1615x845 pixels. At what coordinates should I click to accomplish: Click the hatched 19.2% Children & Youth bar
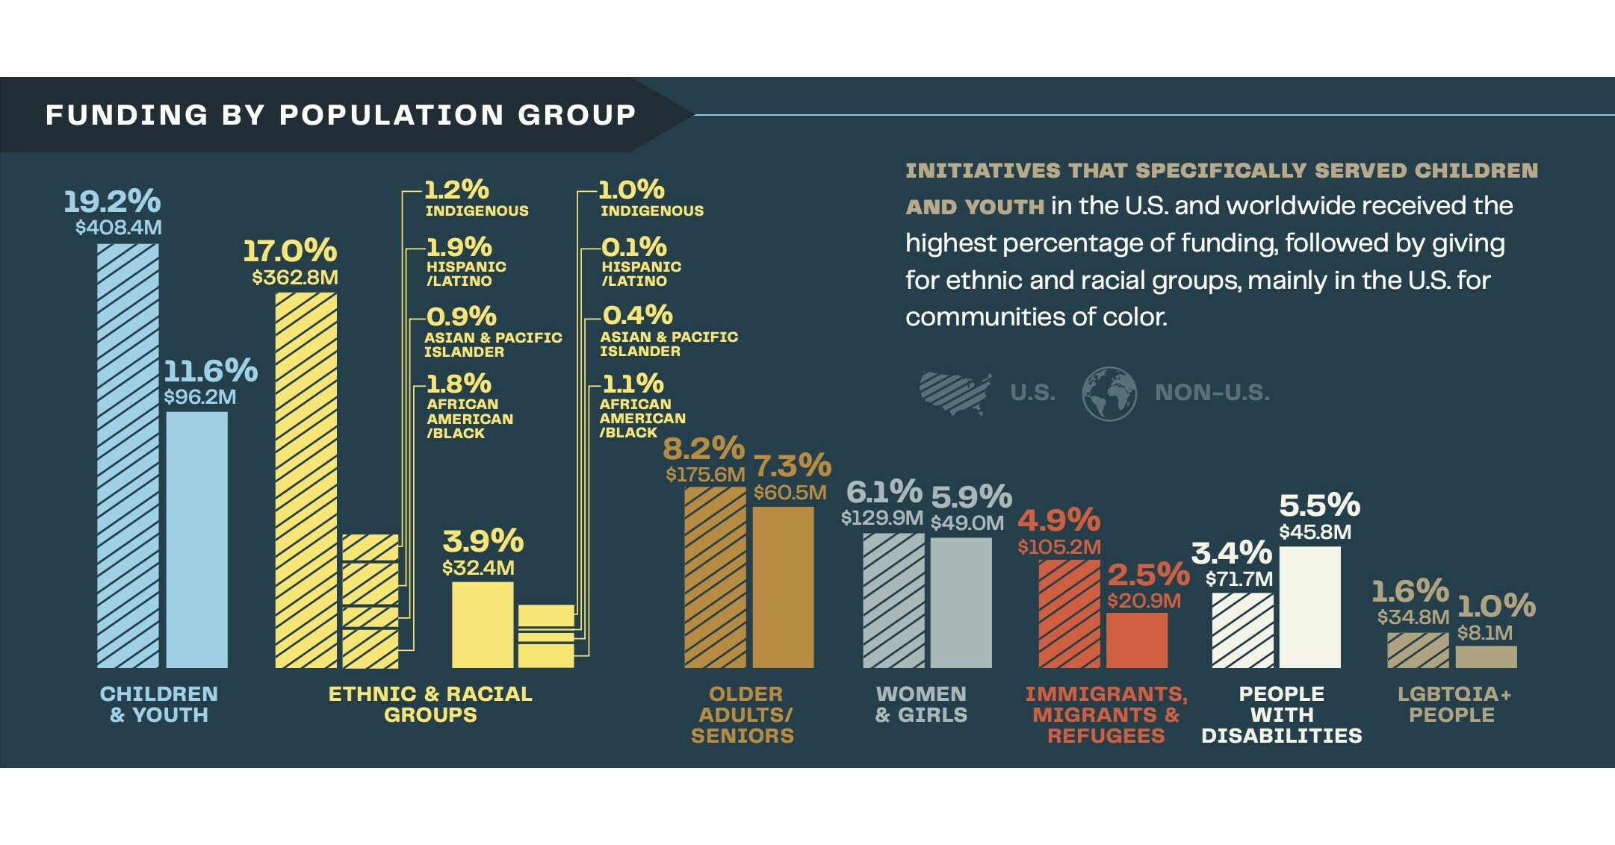pyautogui.click(x=128, y=455)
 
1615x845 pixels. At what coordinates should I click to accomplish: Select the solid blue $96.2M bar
pyautogui.click(x=196, y=540)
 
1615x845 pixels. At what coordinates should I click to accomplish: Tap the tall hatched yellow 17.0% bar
pyautogui.click(x=306, y=480)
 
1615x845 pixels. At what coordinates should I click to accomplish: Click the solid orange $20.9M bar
pyautogui.click(x=1136, y=640)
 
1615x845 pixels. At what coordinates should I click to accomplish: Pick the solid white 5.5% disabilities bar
pyautogui.click(x=1309, y=607)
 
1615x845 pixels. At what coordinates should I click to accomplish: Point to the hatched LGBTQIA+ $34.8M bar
pyautogui.click(x=1417, y=650)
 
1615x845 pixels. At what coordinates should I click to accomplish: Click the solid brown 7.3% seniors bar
pyautogui.click(x=783, y=587)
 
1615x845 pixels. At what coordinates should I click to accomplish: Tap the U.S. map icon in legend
pyautogui.click(x=955, y=393)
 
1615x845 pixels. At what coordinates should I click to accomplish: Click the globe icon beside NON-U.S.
pyautogui.click(x=1109, y=393)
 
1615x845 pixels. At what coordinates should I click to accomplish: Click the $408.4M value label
pyautogui.click(x=118, y=228)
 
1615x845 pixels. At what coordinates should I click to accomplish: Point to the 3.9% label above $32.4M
pyautogui.click(x=483, y=541)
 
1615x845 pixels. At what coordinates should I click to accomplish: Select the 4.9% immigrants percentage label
pyautogui.click(x=1058, y=520)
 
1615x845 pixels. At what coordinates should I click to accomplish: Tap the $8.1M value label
pyautogui.click(x=1484, y=634)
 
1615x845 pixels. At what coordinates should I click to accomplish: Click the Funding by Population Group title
pyautogui.click(x=341, y=115)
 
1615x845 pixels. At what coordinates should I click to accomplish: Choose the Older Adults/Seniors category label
pyautogui.click(x=743, y=714)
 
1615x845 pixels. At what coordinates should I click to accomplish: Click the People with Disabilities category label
pyautogui.click(x=1281, y=714)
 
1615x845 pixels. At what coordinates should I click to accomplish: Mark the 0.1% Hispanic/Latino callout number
pyautogui.click(x=633, y=247)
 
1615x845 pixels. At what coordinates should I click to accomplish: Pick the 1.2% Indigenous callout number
pyautogui.click(x=456, y=190)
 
